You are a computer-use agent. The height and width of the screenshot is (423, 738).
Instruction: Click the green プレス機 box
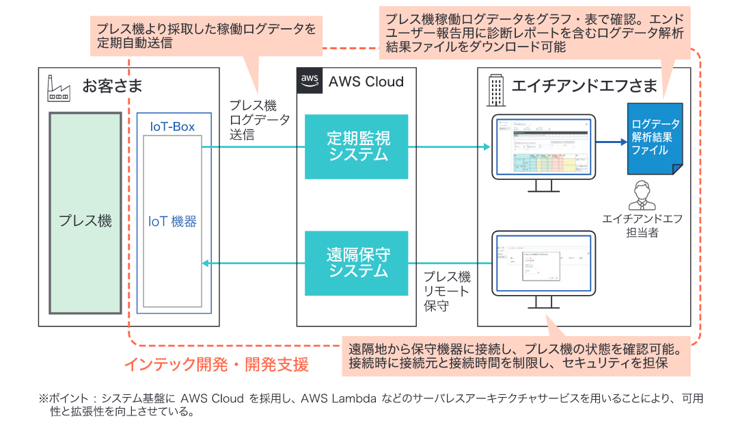tap(85, 220)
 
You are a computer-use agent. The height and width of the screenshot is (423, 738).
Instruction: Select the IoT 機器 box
tap(172, 221)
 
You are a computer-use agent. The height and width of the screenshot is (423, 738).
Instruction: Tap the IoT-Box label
tap(172, 127)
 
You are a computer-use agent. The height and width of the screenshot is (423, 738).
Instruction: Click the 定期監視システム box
tap(356, 146)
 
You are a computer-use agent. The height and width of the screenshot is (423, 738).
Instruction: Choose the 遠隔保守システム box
tap(356, 264)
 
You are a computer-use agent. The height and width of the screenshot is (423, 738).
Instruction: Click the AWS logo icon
tap(310, 81)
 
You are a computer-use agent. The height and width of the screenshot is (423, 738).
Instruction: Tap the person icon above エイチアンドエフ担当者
tap(642, 195)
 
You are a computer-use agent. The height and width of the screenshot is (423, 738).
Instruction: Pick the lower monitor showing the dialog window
tap(543, 264)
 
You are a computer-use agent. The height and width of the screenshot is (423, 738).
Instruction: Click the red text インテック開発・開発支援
tap(216, 364)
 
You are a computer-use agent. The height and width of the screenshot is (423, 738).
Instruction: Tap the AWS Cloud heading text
tap(366, 82)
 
